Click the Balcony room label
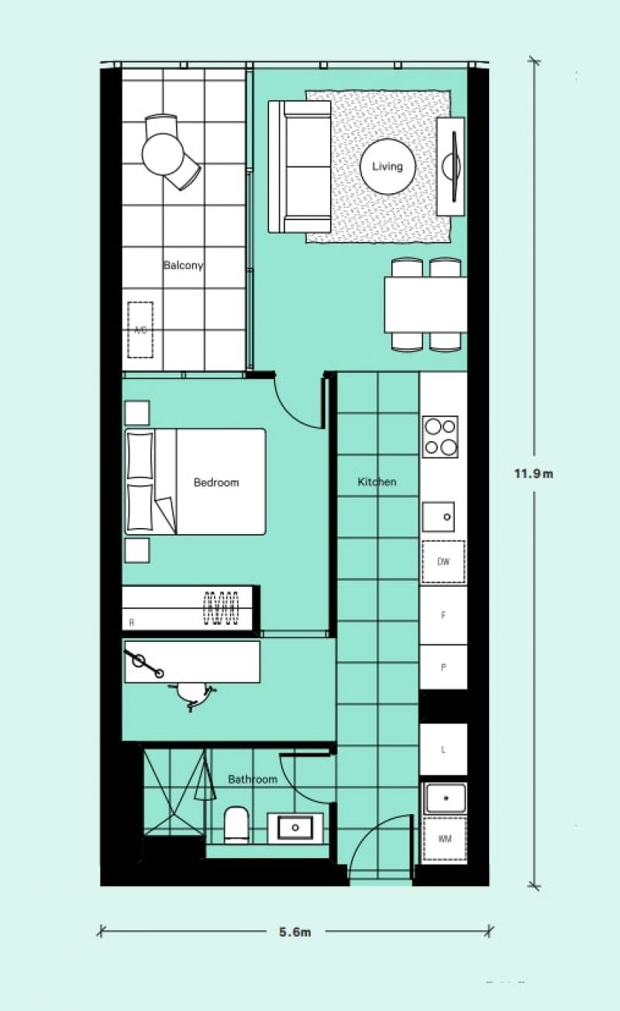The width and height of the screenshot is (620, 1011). (183, 265)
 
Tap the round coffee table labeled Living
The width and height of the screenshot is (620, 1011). (387, 167)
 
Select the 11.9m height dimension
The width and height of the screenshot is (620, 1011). (534, 474)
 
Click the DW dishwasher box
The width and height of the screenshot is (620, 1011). (443, 562)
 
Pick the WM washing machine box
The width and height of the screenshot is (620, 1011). (445, 839)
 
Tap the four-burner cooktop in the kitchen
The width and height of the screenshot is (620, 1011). (440, 436)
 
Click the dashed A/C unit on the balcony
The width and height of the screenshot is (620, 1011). (140, 330)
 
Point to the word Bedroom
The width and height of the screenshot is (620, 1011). (216, 482)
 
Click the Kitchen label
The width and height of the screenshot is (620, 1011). (377, 482)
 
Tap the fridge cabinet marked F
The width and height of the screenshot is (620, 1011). (443, 615)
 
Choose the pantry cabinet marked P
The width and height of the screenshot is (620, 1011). (443, 667)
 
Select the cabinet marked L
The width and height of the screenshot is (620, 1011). (443, 750)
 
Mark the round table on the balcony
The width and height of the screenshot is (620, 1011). (162, 154)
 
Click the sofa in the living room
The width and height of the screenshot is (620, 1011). (300, 167)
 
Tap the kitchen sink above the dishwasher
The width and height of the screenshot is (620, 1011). (438, 517)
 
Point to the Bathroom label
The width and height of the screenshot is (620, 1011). (252, 779)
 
